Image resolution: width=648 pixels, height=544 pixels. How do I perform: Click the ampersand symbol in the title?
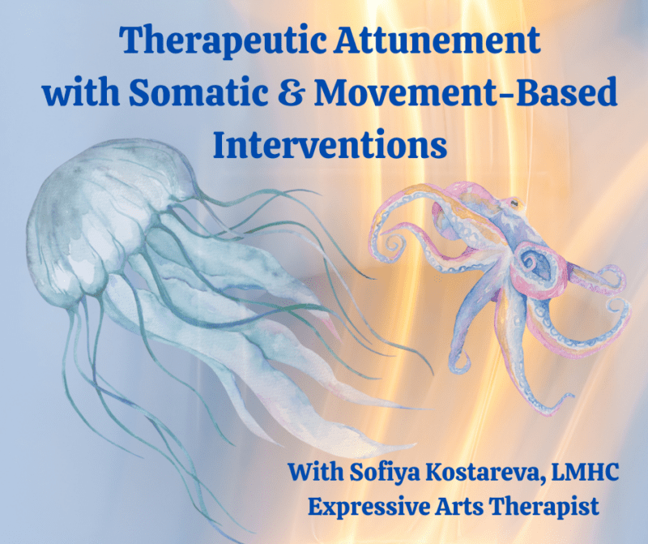click(x=310, y=93)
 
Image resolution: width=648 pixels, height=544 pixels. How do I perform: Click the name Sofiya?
click(x=380, y=470)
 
